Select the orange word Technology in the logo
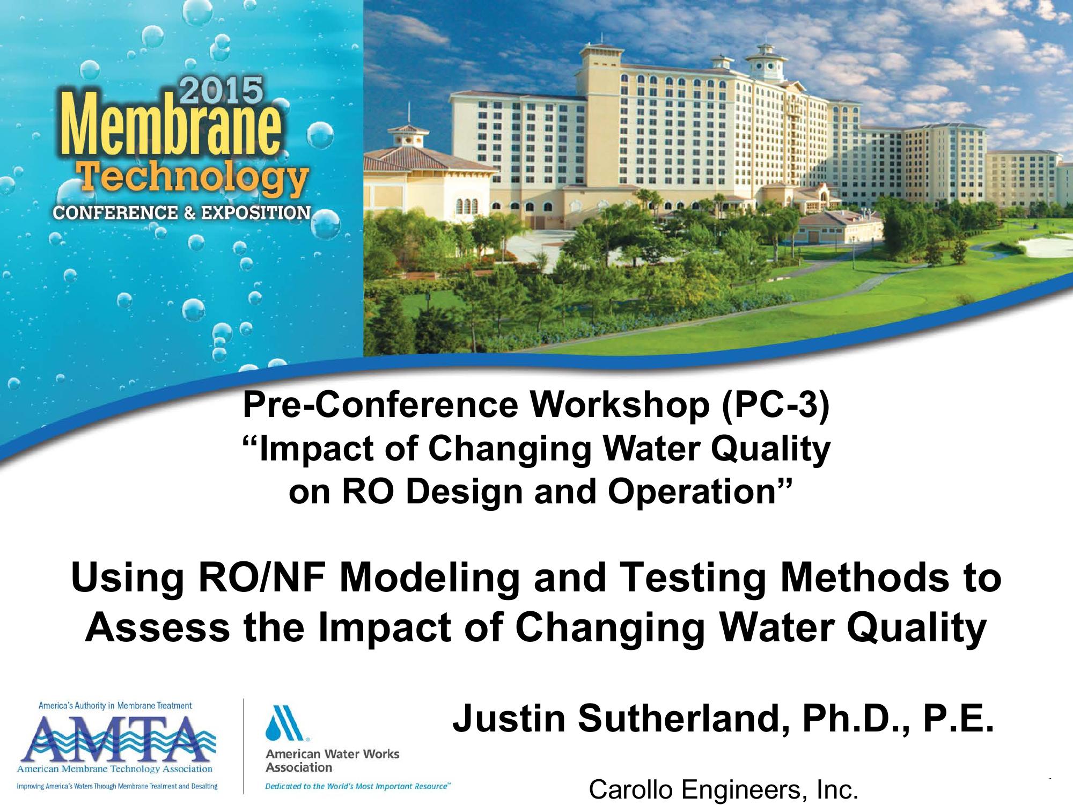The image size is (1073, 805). [194, 178]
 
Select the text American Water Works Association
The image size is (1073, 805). [333, 760]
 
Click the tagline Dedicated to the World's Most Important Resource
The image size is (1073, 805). [358, 786]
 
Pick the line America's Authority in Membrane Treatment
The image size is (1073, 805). [115, 706]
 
